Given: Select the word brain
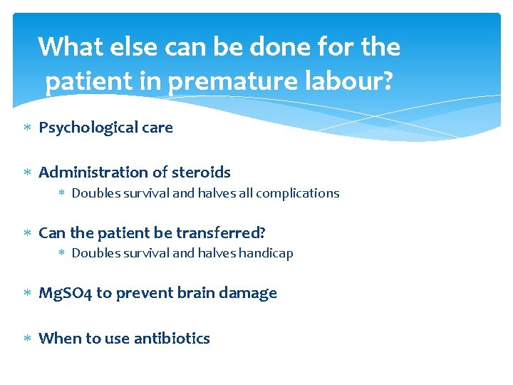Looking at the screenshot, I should (180, 293).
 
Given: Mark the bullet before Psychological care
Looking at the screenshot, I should (27, 128).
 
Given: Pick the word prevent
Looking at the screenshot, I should (140, 293).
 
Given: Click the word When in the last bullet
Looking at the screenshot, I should (59, 339).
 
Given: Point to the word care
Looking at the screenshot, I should (157, 128).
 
